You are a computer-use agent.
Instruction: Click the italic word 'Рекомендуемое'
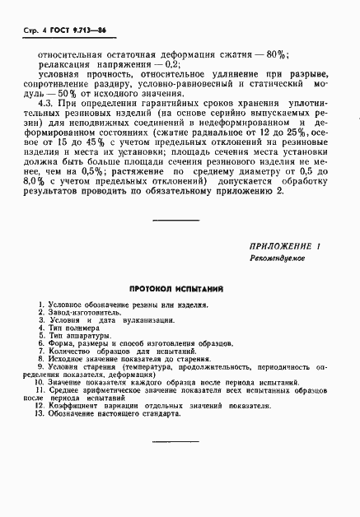(x=279, y=258)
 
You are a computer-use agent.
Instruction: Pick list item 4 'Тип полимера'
(x=72, y=329)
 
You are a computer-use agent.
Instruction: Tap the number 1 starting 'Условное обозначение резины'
(x=40, y=305)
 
